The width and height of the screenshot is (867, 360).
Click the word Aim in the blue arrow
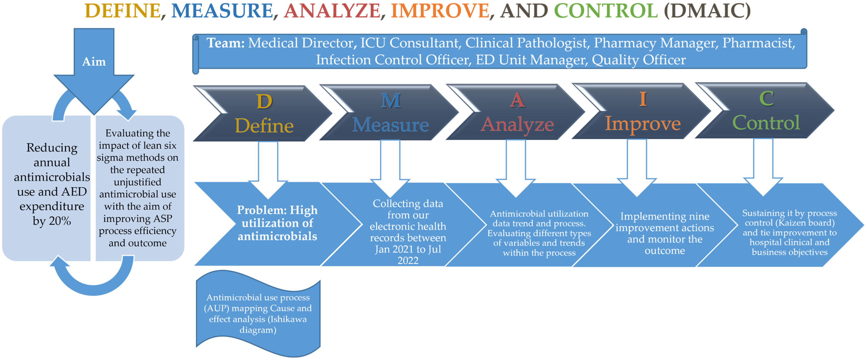coord(94,62)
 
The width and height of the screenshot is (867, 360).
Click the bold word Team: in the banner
coord(225,43)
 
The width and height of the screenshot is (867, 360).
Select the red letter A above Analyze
coord(517,100)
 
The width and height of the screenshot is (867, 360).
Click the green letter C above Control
coord(766,99)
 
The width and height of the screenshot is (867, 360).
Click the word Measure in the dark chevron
coord(391,125)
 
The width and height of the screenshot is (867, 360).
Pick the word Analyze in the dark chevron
coord(517,124)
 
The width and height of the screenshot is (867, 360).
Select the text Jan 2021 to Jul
coord(408,249)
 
